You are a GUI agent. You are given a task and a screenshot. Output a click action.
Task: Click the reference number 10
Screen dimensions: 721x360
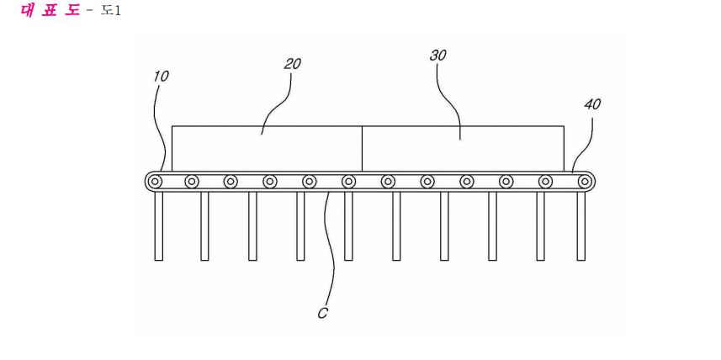click(161, 77)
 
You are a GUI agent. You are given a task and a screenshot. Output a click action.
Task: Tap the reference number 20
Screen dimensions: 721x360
click(293, 64)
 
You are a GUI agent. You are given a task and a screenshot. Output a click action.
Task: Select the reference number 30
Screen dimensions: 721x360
click(438, 56)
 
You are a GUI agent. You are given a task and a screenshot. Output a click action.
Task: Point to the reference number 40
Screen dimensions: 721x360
click(592, 105)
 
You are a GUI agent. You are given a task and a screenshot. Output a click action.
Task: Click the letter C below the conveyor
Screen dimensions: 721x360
click(323, 313)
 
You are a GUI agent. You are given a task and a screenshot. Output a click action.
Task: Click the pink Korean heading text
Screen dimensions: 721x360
click(50, 10)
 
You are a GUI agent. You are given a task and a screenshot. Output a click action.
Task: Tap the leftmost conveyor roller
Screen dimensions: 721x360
click(156, 181)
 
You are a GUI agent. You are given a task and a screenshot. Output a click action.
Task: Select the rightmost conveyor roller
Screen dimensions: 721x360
click(585, 181)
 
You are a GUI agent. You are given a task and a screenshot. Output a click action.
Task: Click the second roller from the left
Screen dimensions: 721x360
click(192, 181)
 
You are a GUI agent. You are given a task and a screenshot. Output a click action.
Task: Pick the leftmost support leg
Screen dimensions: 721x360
click(159, 225)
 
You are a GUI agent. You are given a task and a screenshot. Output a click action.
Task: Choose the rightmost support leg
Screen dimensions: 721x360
click(581, 225)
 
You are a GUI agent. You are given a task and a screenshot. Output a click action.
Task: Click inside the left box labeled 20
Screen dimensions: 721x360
click(267, 149)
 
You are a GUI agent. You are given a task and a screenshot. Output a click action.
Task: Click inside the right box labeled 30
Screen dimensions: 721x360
click(463, 149)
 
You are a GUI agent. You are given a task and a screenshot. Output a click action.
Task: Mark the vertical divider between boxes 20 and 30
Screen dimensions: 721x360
click(363, 149)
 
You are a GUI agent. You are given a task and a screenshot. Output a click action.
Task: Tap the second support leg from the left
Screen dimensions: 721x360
click(204, 225)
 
